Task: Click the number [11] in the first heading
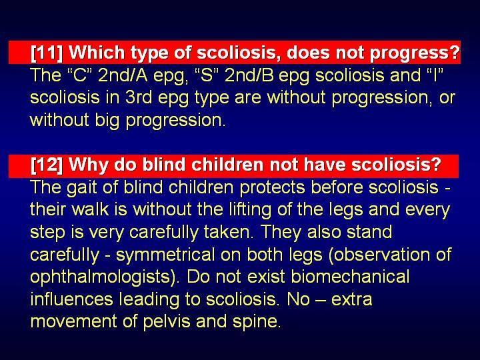click(x=47, y=53)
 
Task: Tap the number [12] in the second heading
click(x=47, y=165)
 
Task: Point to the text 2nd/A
click(x=123, y=75)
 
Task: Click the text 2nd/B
click(x=249, y=75)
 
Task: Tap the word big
click(x=107, y=121)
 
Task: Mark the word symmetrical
click(x=165, y=255)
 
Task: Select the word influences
click(x=71, y=299)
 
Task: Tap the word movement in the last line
click(x=74, y=321)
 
